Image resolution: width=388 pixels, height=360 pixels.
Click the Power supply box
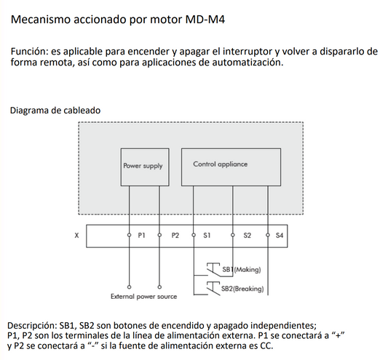pos(143,166)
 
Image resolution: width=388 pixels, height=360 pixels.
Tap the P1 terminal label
pos(142,236)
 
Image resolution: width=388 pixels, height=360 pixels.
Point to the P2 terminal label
pos(175,236)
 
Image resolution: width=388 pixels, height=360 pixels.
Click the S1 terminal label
pos(207,236)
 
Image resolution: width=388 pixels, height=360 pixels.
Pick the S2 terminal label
pos(247,236)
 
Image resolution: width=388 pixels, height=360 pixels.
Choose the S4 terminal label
pos(280,236)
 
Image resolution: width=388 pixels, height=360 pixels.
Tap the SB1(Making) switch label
pos(241,270)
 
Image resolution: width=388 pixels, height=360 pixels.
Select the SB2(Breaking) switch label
pos(242,289)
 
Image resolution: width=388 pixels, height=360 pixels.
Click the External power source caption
pos(143,297)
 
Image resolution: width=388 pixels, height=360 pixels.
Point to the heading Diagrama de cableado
pos(55,110)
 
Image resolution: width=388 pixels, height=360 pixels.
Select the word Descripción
pos(34,324)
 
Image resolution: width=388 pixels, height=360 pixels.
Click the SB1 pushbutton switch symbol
pos(213,268)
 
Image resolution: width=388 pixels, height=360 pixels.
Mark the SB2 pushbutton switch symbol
pos(213,287)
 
